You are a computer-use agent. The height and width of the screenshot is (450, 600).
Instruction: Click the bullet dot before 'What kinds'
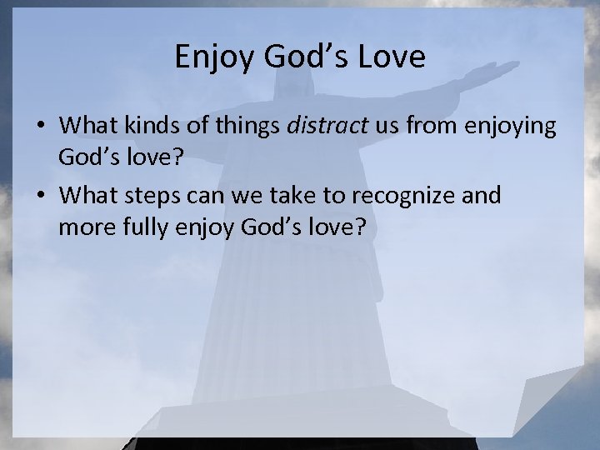click(40, 127)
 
